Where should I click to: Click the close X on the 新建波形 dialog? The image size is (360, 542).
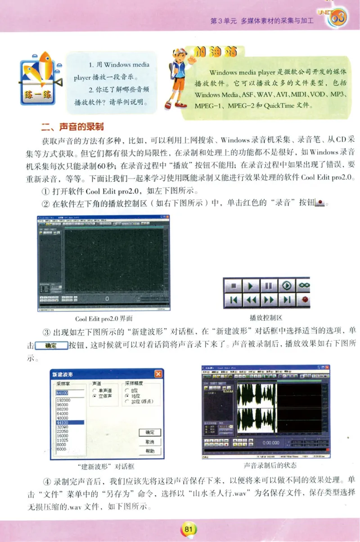(x=158, y=374)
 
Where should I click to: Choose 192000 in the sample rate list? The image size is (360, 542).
(x=63, y=400)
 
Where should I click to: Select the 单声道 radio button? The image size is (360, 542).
(x=94, y=391)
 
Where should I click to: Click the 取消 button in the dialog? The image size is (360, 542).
(x=150, y=442)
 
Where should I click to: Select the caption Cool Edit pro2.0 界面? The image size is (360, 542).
(x=103, y=319)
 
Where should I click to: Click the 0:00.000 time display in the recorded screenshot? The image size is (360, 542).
(x=271, y=442)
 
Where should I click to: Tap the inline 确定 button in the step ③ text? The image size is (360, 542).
(x=51, y=346)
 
